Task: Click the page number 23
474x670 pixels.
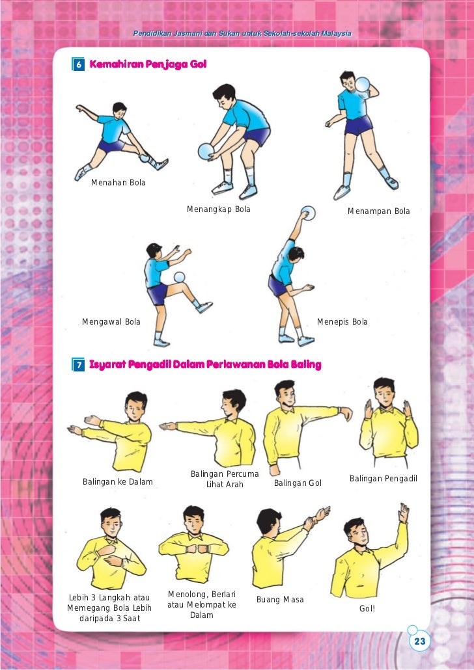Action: (420, 642)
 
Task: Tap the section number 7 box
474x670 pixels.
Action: (77, 366)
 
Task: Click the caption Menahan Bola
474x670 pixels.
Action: (118, 182)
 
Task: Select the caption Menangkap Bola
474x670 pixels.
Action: (219, 209)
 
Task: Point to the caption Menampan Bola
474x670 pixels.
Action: (379, 211)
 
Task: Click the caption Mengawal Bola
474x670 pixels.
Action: (111, 322)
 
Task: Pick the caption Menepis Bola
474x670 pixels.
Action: (342, 322)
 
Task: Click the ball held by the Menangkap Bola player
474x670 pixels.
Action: (206, 151)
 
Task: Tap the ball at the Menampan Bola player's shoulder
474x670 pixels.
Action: (362, 85)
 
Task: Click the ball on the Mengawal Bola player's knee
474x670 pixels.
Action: (179, 277)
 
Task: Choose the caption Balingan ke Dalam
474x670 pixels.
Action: (118, 482)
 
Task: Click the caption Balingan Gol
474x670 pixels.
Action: (298, 483)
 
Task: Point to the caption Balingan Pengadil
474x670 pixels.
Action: (383, 479)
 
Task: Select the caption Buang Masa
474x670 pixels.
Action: (280, 599)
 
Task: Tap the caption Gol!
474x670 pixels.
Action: (368, 610)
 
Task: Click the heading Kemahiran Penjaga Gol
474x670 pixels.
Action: (148, 66)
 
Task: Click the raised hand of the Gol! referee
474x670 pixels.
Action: (404, 513)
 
